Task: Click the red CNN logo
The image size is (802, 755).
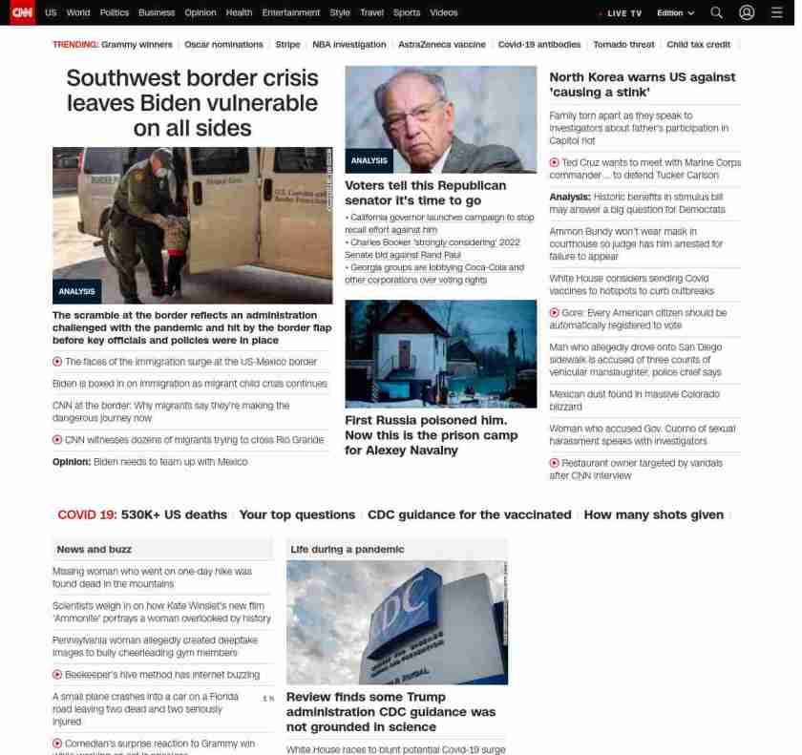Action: pyautogui.click(x=22, y=12)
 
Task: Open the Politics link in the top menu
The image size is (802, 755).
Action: pyautogui.click(x=114, y=13)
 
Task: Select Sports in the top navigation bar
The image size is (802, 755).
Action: pyautogui.click(x=406, y=13)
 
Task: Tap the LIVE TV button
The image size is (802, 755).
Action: pyautogui.click(x=622, y=13)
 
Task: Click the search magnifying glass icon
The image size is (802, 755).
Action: pyautogui.click(x=716, y=12)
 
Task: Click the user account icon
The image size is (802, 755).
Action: pyautogui.click(x=747, y=12)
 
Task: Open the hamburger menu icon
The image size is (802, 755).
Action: pyautogui.click(x=776, y=12)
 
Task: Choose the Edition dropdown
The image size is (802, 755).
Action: pyautogui.click(x=675, y=13)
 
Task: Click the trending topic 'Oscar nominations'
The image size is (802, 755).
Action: pyautogui.click(x=223, y=45)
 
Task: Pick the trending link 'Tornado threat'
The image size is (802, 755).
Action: pyautogui.click(x=623, y=45)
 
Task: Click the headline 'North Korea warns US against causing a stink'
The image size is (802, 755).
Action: pyautogui.click(x=642, y=84)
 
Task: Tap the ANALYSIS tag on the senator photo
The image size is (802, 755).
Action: pyautogui.click(x=369, y=160)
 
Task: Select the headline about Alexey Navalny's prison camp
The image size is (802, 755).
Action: pyautogui.click(x=431, y=435)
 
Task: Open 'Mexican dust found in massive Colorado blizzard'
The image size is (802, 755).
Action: pyautogui.click(x=634, y=400)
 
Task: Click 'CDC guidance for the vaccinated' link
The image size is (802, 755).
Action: pyautogui.click(x=469, y=514)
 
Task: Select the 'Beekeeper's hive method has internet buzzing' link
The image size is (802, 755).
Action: pyautogui.click(x=161, y=675)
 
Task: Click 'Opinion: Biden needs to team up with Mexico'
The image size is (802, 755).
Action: pyautogui.click(x=150, y=462)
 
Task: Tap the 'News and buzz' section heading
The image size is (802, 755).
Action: pyautogui.click(x=94, y=550)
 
